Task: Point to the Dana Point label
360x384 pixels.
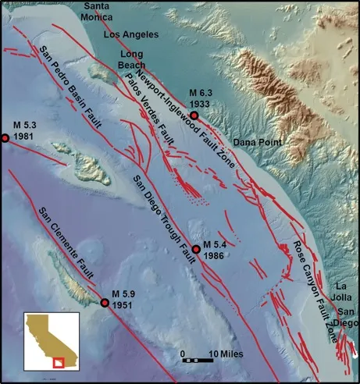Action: tap(257, 142)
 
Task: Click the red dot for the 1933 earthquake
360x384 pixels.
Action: tap(194, 116)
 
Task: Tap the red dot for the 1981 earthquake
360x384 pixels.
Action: tap(5, 138)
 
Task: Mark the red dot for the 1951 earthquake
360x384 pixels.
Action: tap(105, 302)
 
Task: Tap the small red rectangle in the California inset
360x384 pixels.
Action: tap(56, 362)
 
